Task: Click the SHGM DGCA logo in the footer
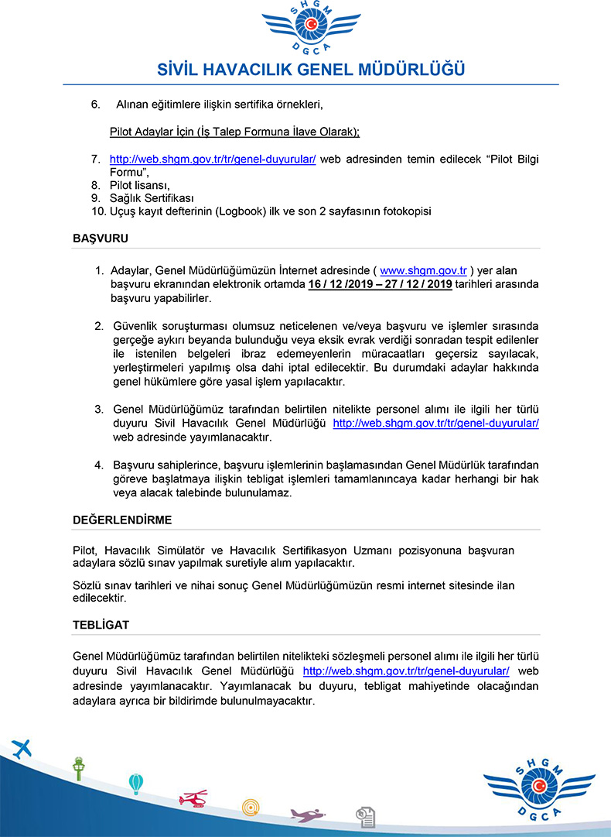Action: [539, 790]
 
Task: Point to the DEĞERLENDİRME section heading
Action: [122, 520]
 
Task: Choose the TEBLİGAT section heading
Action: [101, 624]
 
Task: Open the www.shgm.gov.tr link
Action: [424, 270]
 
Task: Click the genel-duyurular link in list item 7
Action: [213, 159]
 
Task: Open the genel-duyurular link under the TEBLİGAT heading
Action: [406, 671]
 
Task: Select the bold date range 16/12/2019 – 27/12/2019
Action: [380, 284]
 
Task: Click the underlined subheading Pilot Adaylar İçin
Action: [234, 132]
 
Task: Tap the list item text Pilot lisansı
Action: [140, 185]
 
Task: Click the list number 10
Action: [97, 211]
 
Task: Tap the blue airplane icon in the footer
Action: [21, 749]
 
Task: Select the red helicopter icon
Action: [193, 798]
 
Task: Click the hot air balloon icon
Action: [136, 784]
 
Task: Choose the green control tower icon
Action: [78, 768]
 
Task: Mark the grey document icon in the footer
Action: [365, 816]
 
